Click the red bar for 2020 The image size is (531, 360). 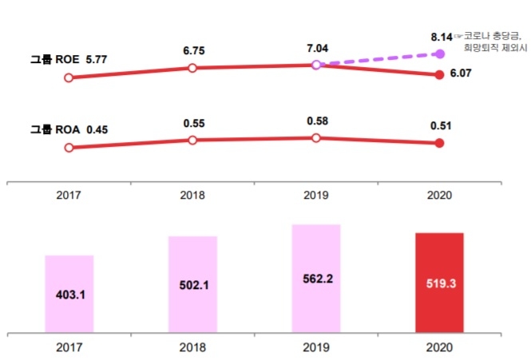point(439,282)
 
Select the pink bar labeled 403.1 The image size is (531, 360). point(69,293)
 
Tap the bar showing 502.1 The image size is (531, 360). point(192,283)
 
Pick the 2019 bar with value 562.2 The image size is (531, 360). point(316,278)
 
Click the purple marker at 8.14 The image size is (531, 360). point(439,53)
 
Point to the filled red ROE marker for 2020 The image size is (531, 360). point(439,75)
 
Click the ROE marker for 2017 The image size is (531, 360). point(69,77)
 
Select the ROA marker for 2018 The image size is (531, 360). point(192,140)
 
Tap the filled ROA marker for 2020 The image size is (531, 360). point(439,143)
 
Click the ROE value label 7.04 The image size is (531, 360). point(315,47)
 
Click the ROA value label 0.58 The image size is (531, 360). point(316,121)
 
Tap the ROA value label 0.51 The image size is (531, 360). point(440,125)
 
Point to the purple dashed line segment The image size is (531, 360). point(378,59)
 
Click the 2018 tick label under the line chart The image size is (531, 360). point(192,194)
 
